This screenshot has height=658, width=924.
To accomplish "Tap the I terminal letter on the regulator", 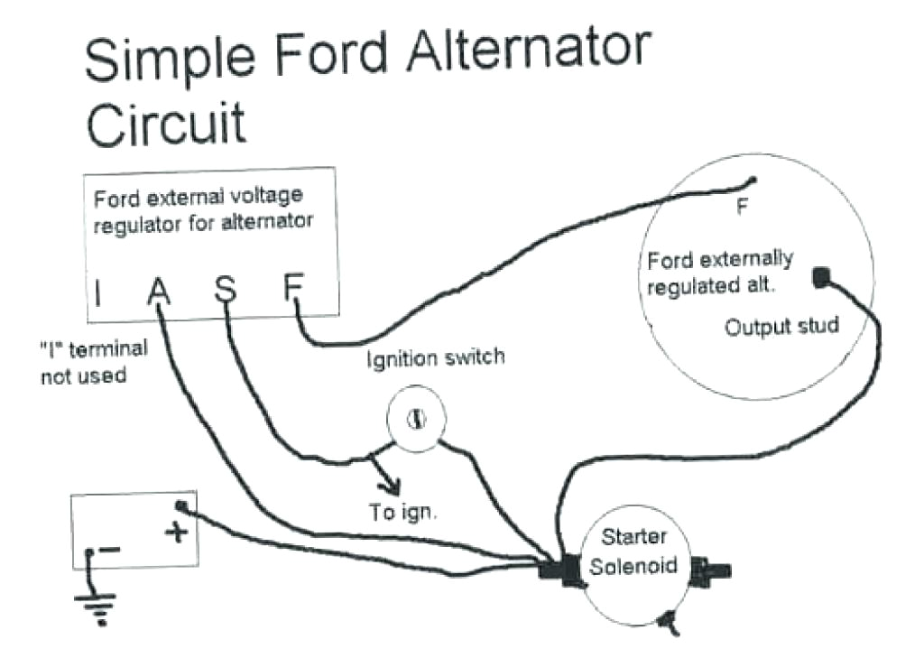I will [98, 292].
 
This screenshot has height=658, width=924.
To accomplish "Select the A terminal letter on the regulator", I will [157, 292].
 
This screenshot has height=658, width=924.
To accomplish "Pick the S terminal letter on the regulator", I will [225, 290].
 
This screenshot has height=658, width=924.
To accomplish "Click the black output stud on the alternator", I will [820, 278].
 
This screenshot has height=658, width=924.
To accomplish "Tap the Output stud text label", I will [781, 326].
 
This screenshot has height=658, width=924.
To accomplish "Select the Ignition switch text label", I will [436, 357].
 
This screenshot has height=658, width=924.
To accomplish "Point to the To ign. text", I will [403, 513].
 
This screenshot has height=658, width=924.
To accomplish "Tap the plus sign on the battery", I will [177, 533].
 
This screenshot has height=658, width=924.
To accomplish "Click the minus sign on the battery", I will [110, 548].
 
